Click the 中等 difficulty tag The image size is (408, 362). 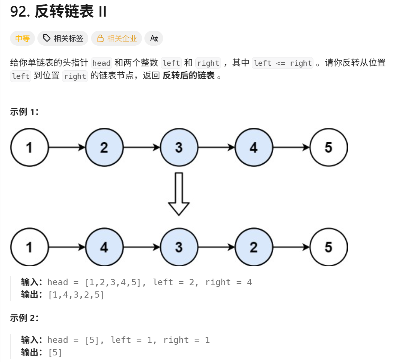point(23,38)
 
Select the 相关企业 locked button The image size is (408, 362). point(117,38)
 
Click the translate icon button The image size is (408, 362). point(154,38)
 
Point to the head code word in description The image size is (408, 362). point(101,63)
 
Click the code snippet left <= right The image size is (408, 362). point(283,63)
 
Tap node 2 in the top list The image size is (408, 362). point(104,147)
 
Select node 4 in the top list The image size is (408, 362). point(254,147)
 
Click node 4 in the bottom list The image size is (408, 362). point(104,247)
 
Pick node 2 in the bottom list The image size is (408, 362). point(254,247)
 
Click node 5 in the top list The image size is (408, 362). point(328,147)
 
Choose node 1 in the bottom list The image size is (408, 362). point(29,247)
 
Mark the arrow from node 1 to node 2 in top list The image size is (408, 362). point(67,147)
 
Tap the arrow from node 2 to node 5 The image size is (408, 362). point(291,247)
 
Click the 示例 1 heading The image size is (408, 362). point(24,112)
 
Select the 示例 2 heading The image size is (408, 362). point(24,318)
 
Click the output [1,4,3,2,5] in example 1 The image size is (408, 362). point(76,295)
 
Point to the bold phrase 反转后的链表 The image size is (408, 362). point(189,76)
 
